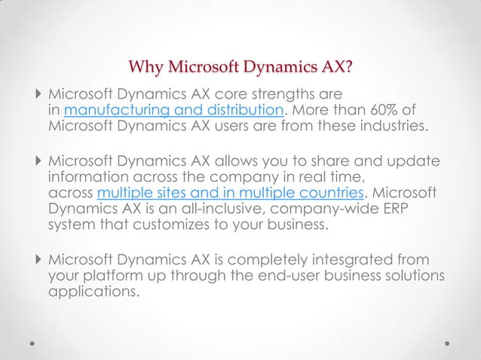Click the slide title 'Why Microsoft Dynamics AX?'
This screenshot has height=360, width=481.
[x=240, y=71]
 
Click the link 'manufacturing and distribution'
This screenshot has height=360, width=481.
[x=173, y=112]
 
